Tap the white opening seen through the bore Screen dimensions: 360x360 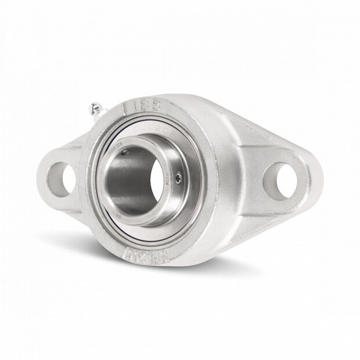click(x=156, y=181)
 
